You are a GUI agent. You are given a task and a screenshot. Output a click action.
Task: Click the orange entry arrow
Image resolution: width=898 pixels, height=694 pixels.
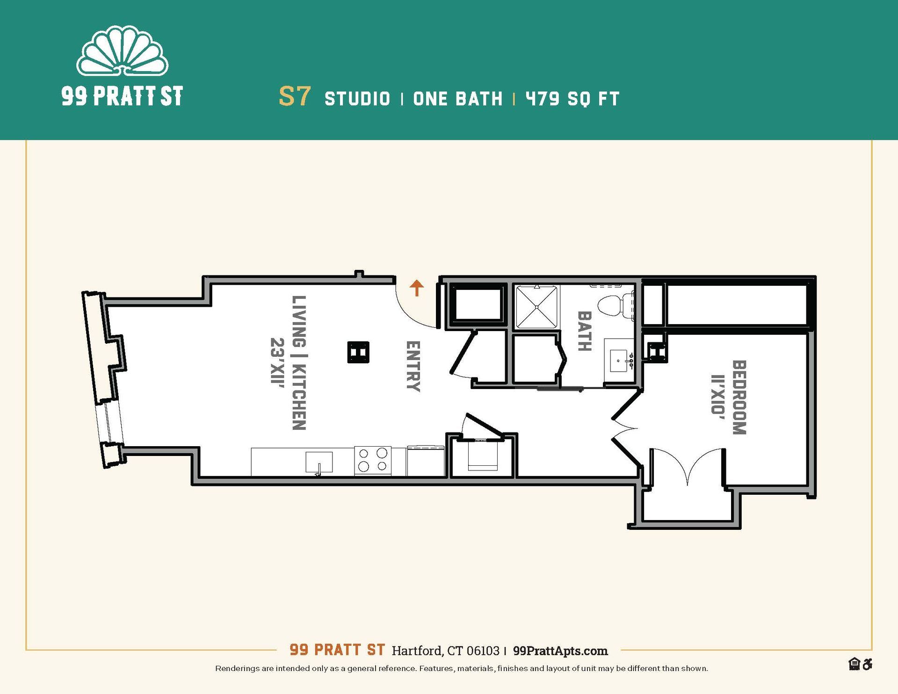pos(416,288)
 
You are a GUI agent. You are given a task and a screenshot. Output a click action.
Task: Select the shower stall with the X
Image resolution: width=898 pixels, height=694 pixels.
pos(536,306)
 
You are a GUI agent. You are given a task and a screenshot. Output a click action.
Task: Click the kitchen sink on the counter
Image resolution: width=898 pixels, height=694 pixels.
pos(319,462)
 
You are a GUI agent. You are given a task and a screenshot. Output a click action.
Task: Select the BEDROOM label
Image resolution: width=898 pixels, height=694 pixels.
pos(739,397)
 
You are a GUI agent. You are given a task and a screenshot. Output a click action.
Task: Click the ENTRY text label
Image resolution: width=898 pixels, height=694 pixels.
pos(413,366)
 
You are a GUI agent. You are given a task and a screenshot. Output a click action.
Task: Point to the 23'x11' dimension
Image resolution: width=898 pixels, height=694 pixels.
pos(277,361)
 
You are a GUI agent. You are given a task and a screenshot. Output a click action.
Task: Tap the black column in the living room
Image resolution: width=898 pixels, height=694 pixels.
pos(358,352)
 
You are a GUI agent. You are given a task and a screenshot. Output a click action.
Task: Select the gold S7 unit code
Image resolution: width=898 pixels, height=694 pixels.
pos(294,96)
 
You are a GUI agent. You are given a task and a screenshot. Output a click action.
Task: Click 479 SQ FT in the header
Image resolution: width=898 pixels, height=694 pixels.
pos(572,99)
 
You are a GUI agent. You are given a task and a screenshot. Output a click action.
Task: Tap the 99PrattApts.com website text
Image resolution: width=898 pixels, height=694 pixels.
pos(560,651)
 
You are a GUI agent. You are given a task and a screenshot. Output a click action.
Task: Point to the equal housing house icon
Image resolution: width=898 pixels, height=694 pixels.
pos(854,664)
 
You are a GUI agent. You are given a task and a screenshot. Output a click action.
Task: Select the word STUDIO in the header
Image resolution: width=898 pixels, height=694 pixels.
pos(357,99)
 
